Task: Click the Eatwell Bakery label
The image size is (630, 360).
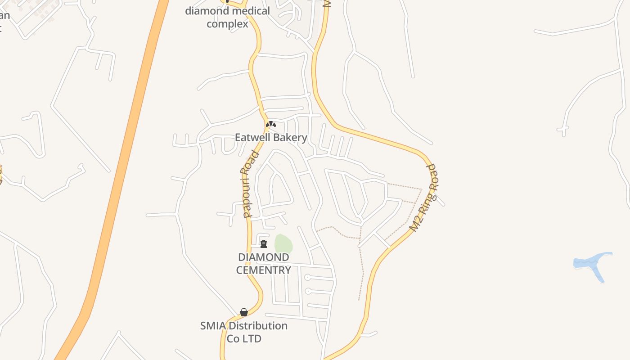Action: pyautogui.click(x=271, y=138)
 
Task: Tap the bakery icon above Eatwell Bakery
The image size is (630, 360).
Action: pyautogui.click(x=270, y=124)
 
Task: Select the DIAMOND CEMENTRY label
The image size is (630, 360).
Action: pyautogui.click(x=264, y=264)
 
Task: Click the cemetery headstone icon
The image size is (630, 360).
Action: pyautogui.click(x=264, y=244)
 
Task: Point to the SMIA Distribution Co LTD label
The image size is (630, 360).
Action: pyautogui.click(x=244, y=332)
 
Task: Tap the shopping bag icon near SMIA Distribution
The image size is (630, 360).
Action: pyautogui.click(x=244, y=312)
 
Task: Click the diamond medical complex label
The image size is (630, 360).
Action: pyautogui.click(x=227, y=17)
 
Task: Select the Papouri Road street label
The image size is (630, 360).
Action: pyautogui.click(x=251, y=184)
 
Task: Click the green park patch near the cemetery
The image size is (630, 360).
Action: pyautogui.click(x=283, y=244)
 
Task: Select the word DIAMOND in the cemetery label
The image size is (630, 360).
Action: pyautogui.click(x=264, y=257)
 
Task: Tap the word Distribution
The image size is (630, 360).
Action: pyautogui.click(x=258, y=326)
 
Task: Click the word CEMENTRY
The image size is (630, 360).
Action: pyautogui.click(x=264, y=270)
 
